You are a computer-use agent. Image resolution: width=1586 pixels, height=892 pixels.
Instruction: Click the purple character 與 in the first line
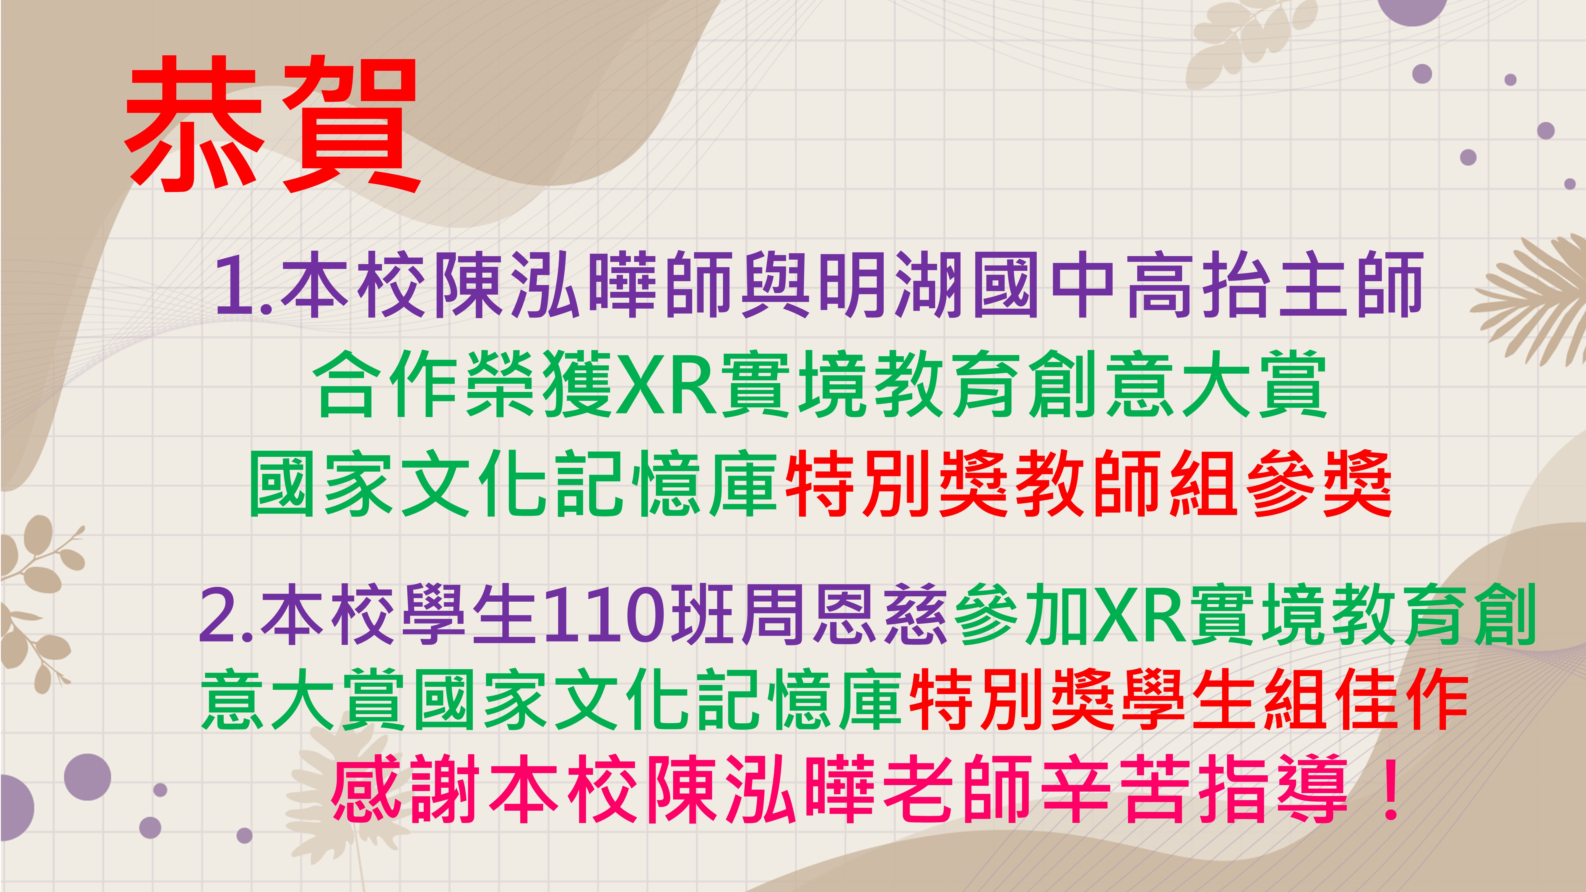776,285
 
